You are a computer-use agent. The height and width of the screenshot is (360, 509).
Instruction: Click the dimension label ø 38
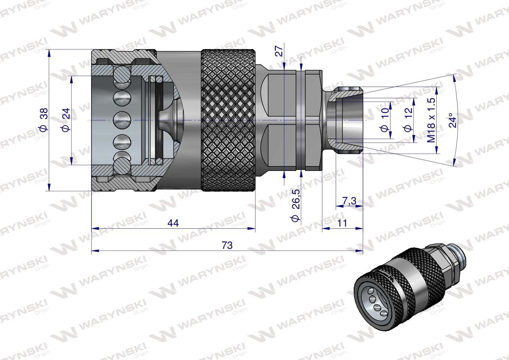point(44,120)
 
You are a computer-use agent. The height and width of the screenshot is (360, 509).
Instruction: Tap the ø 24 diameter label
point(65,120)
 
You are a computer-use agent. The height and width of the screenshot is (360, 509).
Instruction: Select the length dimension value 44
point(173,223)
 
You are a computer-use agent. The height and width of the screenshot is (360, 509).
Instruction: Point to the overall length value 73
point(227,246)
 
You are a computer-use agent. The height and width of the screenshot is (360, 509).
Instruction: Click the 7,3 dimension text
point(349,201)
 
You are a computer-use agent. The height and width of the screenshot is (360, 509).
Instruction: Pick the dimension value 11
point(342,223)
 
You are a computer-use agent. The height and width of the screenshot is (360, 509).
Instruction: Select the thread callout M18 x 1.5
point(431,120)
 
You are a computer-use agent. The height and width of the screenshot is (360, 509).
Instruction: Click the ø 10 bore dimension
point(384,120)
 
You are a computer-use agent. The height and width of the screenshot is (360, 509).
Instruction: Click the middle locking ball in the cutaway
point(122,120)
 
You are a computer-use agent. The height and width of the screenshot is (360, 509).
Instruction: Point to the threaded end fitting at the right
point(343,120)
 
